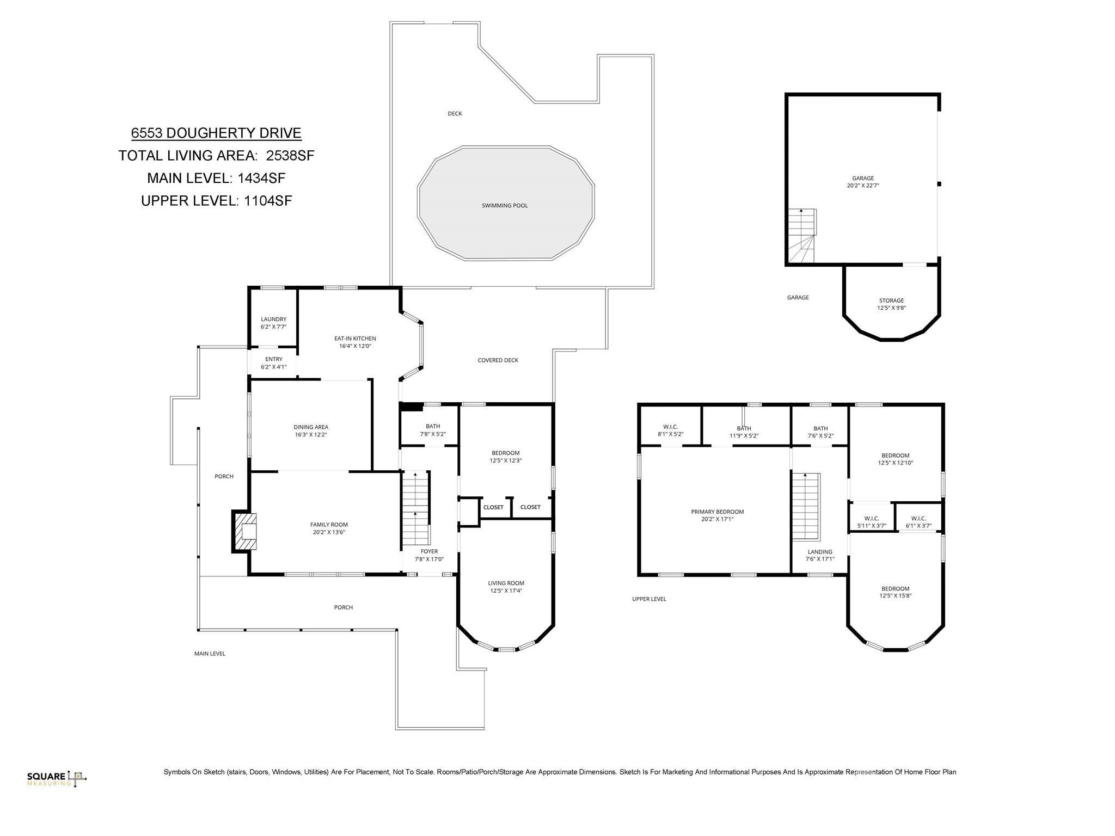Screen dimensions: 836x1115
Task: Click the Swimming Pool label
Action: (x=505, y=206)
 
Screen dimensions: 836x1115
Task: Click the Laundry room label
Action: (x=273, y=319)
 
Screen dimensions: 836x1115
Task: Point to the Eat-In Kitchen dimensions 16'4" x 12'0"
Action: (x=355, y=346)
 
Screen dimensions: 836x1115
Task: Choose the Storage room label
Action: (x=891, y=300)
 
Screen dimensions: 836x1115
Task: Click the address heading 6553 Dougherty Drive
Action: (x=216, y=133)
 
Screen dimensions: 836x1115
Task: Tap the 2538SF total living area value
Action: (x=290, y=156)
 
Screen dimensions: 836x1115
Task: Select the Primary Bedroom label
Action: (x=717, y=512)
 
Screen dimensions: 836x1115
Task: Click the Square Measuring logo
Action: (x=57, y=778)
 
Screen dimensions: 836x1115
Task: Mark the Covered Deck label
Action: (x=498, y=360)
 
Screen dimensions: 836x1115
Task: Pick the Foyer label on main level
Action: (x=429, y=551)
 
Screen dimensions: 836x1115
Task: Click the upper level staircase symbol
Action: (x=805, y=506)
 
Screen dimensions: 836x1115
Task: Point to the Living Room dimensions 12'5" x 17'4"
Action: (x=506, y=591)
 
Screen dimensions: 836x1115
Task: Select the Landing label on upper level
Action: (x=820, y=552)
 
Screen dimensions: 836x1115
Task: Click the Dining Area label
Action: (x=311, y=427)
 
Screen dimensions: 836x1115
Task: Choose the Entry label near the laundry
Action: (x=273, y=359)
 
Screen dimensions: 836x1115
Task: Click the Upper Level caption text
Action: (x=649, y=599)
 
